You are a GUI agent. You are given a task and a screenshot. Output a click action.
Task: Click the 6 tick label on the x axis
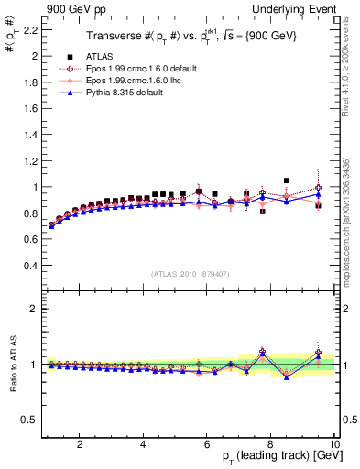click(207, 445)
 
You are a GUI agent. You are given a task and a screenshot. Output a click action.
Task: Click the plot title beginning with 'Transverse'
click(190, 37)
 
